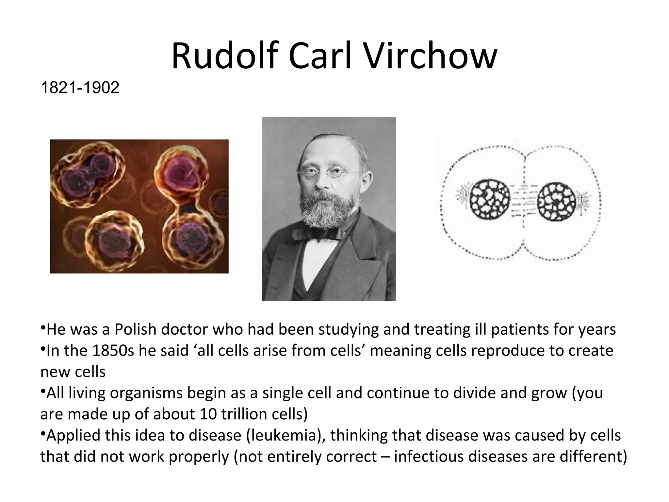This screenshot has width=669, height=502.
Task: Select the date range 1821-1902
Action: pos(80,88)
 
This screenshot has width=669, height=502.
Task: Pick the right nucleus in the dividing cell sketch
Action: pos(556,201)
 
